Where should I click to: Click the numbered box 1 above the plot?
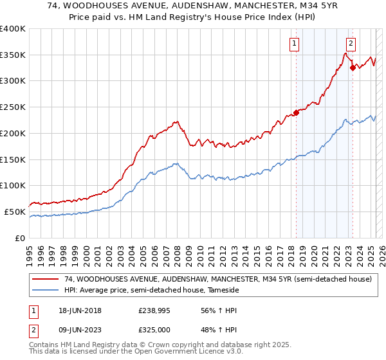[294, 44]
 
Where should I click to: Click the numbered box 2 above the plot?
[351, 44]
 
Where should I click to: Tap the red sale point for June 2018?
[296, 113]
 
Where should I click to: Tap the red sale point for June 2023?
[353, 67]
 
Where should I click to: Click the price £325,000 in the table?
[153, 329]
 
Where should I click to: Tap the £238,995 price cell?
[153, 310]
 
